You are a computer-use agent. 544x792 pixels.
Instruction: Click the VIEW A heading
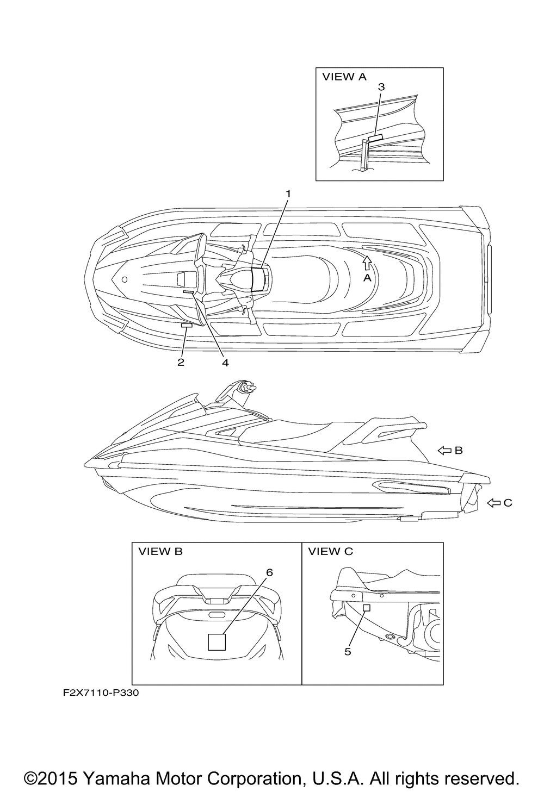click(x=344, y=77)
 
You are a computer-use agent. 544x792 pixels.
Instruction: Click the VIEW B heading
click(x=160, y=552)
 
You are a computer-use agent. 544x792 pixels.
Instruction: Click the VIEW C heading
click(x=330, y=552)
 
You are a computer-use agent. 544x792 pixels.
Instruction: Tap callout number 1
click(x=289, y=194)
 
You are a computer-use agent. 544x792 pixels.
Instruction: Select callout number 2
click(x=181, y=362)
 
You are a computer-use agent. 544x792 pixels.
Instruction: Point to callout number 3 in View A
click(x=381, y=87)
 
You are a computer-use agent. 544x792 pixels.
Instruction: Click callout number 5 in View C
click(x=348, y=652)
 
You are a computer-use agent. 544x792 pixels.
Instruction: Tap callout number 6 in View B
click(x=269, y=572)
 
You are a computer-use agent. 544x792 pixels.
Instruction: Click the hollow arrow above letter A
click(x=367, y=263)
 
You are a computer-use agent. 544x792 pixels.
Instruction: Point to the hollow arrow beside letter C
click(x=493, y=503)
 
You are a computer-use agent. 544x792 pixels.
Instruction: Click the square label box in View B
click(x=217, y=642)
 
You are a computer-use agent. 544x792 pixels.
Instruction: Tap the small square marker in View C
click(x=367, y=608)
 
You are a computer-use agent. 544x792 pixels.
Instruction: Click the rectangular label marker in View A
click(x=375, y=138)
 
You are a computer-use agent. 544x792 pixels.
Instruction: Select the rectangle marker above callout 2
click(x=187, y=325)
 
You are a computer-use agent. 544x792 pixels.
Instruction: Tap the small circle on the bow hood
click(x=125, y=279)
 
